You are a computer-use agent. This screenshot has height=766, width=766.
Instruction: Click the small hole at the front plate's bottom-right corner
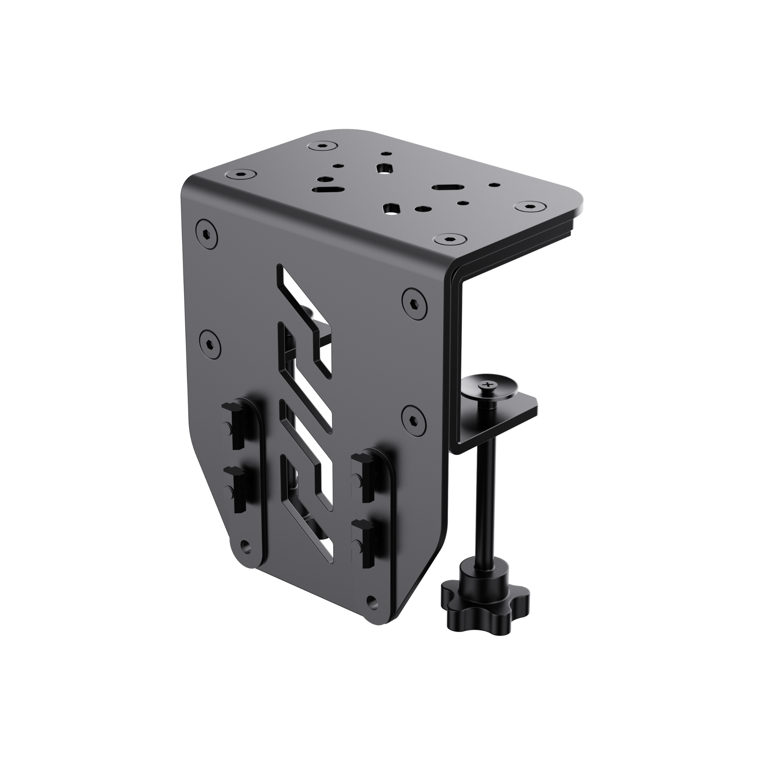point(371,611)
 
